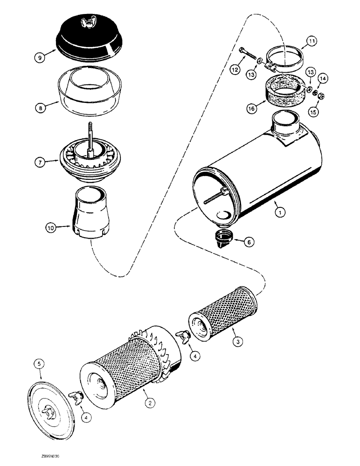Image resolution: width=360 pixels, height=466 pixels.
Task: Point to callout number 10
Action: [51, 227]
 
